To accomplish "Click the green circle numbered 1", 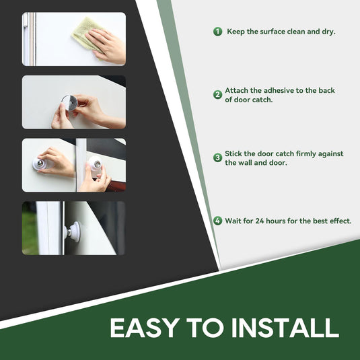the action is point(217,32).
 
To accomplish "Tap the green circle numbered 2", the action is point(217,95).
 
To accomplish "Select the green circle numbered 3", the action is point(217,157).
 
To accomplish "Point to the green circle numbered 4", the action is point(217,221).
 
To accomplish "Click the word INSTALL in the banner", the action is point(285,328).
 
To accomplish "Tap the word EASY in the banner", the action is point(145,328).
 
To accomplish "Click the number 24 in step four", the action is point(260,221).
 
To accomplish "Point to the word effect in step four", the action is point(340,221).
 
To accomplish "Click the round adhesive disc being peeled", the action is point(69,103).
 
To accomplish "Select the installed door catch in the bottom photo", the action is point(73,231).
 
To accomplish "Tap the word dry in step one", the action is point(328,32).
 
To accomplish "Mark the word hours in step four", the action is point(277,221).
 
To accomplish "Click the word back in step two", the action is point(326,90).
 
